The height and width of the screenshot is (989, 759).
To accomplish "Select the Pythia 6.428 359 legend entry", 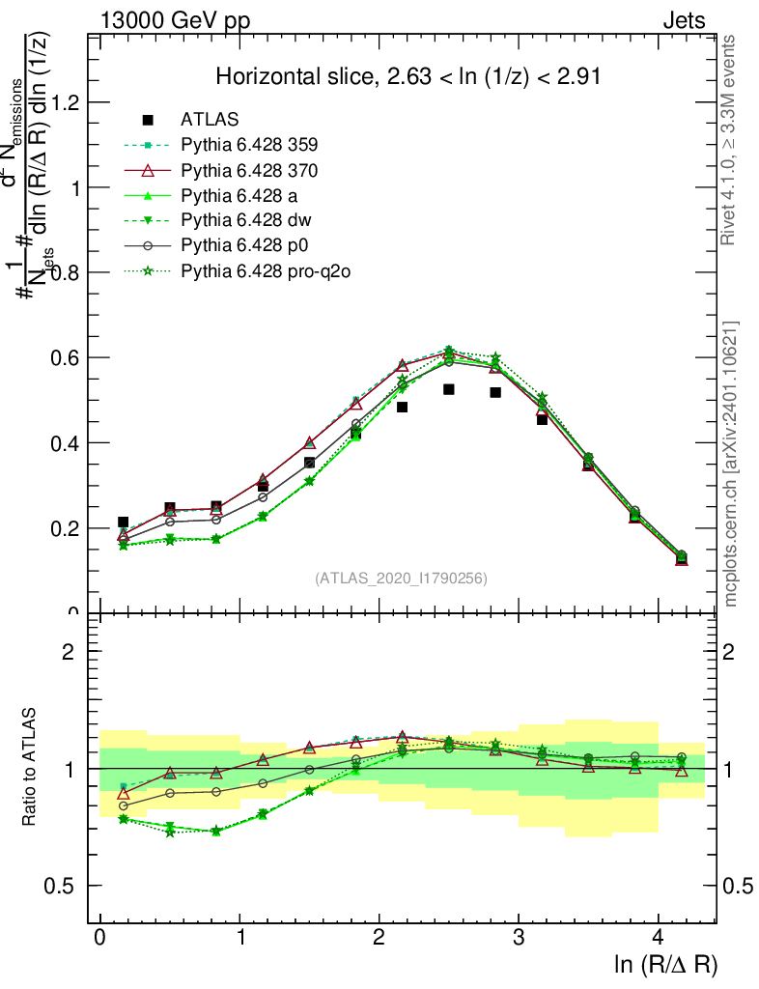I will [x=249, y=145].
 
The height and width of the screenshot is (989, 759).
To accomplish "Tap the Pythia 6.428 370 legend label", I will [x=249, y=170].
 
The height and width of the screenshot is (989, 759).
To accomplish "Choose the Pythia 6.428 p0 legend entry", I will [x=245, y=246].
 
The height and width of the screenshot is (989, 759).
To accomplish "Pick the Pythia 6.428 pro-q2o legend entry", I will [x=264, y=271].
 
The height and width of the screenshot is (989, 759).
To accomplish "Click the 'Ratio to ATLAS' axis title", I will [x=32, y=767].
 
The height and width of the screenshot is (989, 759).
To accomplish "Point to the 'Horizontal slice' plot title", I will [x=408, y=77].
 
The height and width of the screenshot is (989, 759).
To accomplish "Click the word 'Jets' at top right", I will [x=683, y=21].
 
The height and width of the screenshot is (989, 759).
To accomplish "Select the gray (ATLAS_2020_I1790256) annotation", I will [x=401, y=579].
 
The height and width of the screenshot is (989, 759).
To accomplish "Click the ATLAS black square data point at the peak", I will [x=449, y=389].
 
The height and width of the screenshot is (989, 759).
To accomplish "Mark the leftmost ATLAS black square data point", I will [x=123, y=522].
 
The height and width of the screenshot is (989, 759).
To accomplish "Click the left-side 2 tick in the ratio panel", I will [x=69, y=651].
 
